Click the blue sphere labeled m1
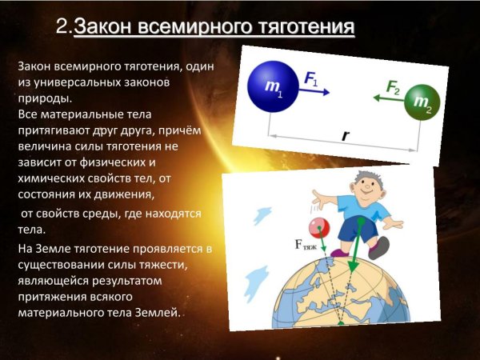272,85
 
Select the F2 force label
393,86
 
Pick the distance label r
345,136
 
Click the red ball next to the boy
321,227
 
